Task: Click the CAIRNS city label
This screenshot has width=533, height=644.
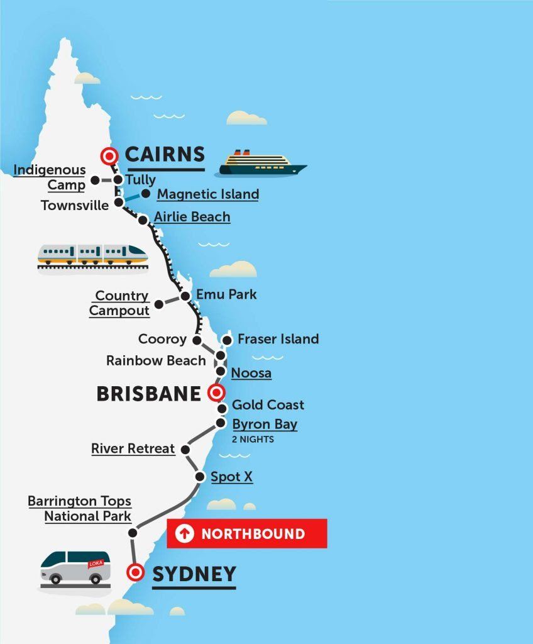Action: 165,155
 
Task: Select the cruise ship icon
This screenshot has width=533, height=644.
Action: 262,164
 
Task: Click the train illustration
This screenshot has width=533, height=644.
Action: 92,255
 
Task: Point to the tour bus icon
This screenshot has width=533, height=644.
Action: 75,568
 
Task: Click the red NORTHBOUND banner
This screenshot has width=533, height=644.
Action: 246,534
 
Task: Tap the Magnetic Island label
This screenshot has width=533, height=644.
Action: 207,194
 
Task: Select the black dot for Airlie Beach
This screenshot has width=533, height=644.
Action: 143,219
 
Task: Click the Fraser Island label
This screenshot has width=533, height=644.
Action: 278,339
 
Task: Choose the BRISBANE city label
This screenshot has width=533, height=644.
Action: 148,394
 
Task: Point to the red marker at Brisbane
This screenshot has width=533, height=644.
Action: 215,393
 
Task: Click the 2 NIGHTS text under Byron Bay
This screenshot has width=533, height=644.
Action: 253,440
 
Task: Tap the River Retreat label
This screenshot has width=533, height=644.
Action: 133,448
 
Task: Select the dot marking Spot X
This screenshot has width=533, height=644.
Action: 199,477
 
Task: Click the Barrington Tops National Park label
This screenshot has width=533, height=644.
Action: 80,509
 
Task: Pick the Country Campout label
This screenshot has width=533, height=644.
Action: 119,303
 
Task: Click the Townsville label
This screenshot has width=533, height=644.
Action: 75,205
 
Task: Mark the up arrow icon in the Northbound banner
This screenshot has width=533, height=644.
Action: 184,534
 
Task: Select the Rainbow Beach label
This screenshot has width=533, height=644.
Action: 156,360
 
